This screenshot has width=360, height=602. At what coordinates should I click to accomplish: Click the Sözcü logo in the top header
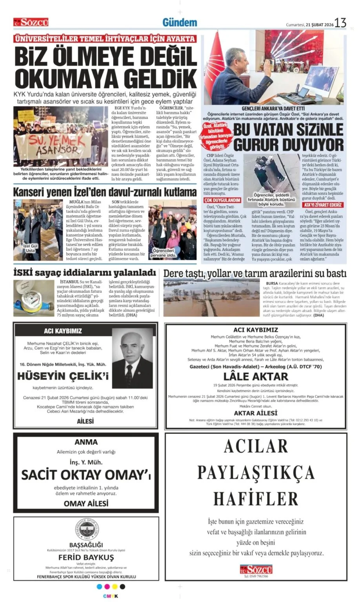tap(31, 22)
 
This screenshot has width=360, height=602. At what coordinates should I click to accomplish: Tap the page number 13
tap(340, 23)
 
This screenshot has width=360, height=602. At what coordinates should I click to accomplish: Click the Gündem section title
tap(180, 22)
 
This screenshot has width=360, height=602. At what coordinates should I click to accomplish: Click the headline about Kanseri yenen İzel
tap(105, 192)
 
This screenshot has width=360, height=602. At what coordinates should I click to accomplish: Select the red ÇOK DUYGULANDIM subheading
tap(222, 200)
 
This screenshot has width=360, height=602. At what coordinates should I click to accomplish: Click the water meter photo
tap(33, 298)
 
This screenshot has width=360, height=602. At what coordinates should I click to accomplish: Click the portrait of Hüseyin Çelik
tap(132, 358)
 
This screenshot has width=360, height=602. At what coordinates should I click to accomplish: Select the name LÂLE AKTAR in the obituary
tap(255, 376)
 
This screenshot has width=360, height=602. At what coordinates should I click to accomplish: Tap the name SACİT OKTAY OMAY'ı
tap(86, 475)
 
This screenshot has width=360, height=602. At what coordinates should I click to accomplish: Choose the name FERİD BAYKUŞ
tap(86, 557)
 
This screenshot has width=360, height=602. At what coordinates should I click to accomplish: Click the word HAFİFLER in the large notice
tap(256, 499)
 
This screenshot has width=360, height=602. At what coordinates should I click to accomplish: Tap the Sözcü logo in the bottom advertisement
tap(256, 569)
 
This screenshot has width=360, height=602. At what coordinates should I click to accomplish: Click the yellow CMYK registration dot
tap(115, 586)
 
